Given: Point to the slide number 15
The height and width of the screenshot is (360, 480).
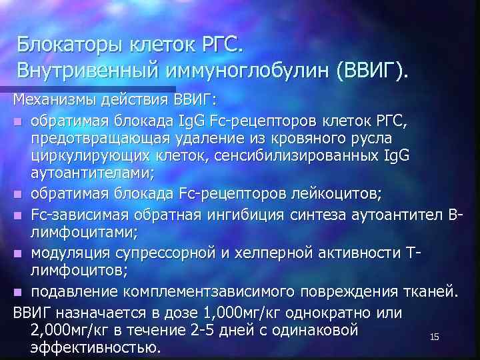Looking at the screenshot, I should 434,337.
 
